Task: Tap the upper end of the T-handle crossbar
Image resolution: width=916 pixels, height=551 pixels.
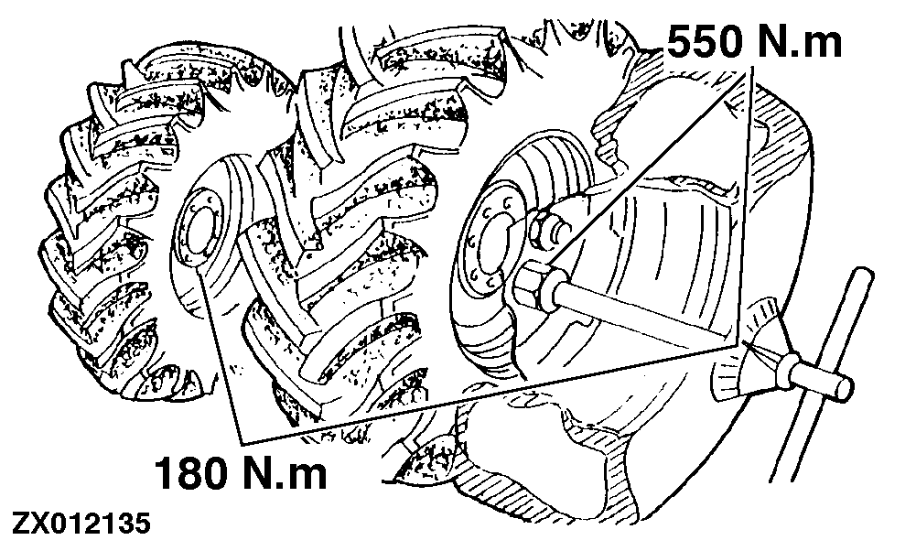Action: pyautogui.click(x=861, y=275)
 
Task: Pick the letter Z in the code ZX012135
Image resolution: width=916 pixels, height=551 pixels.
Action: pyautogui.click(x=20, y=526)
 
